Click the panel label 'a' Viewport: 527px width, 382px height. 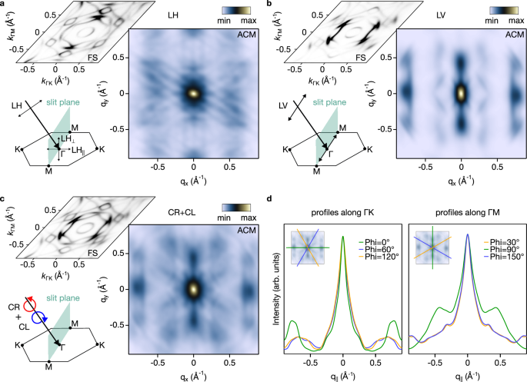[x=4, y=5]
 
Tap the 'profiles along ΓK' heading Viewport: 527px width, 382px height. [x=342, y=213]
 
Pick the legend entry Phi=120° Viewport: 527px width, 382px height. [x=377, y=264]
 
